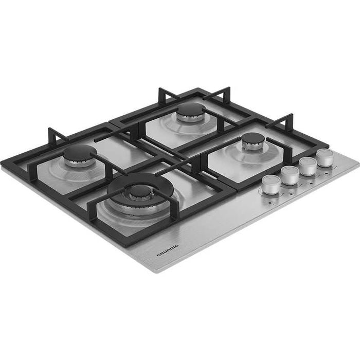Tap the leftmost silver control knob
pyautogui.click(x=272, y=184)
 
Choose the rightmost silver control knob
pyautogui.click(x=325, y=157)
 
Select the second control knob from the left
pyautogui.click(x=290, y=174)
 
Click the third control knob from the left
pyautogui.click(x=308, y=165)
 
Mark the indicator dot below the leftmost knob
pyautogui.click(x=273, y=203)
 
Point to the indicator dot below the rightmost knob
pyautogui.click(x=327, y=174)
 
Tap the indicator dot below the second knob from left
pyautogui.click(x=292, y=192)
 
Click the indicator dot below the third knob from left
pyautogui.click(x=310, y=183)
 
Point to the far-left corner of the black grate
pyautogui.click(x=3, y=163)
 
